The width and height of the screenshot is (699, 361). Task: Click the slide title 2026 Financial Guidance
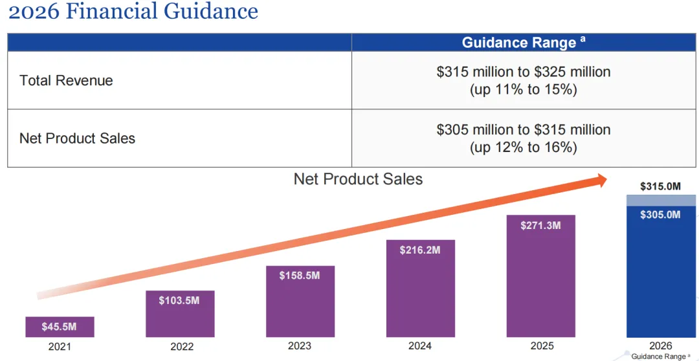point(133,12)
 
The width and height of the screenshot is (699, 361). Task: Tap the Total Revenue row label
point(66,81)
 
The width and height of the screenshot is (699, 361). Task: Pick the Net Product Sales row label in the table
point(77,138)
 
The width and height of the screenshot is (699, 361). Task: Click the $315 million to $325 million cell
point(524,72)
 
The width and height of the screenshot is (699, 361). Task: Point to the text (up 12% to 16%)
point(523,148)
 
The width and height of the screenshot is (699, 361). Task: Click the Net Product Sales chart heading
point(358,179)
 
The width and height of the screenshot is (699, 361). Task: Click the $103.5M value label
point(179,300)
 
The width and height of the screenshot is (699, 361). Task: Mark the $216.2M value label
point(420,250)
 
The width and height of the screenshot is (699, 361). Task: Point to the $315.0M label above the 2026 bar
point(660,186)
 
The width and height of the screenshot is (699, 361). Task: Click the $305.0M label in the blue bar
point(660,215)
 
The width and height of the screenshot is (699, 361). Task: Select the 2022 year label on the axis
point(182,347)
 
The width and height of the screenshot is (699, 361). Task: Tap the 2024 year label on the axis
point(420,346)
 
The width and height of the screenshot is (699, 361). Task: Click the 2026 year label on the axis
point(660,346)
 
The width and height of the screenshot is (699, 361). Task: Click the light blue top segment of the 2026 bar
point(660,201)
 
